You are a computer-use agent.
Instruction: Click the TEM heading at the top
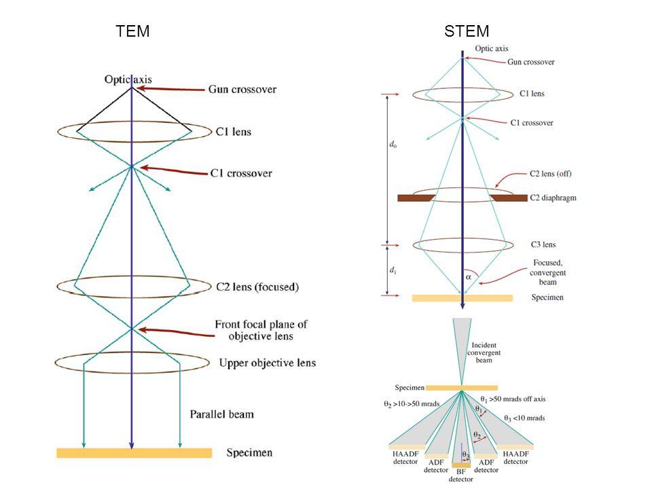133,31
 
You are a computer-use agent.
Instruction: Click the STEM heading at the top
467,31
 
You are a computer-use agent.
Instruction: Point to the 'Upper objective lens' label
267,363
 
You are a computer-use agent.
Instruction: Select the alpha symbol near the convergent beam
468,277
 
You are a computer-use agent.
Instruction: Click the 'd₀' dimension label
393,145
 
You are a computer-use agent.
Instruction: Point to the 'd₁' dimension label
393,270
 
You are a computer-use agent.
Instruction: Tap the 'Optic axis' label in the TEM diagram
128,79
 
